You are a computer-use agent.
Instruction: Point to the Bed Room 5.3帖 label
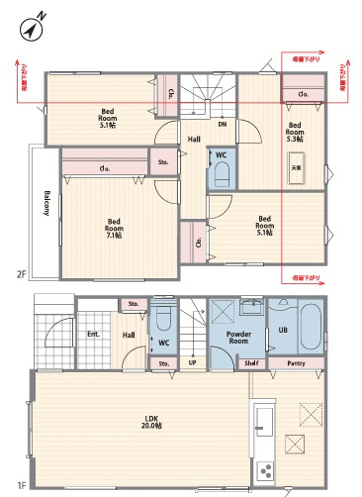click(x=295, y=132)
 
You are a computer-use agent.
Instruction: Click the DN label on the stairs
click(x=223, y=125)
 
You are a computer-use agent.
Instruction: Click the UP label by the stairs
click(x=191, y=363)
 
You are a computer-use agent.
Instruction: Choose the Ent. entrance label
click(x=93, y=336)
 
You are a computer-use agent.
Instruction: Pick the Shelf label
click(x=253, y=363)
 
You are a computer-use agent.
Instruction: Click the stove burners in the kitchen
click(x=264, y=469)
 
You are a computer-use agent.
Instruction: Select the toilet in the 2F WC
click(x=222, y=174)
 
